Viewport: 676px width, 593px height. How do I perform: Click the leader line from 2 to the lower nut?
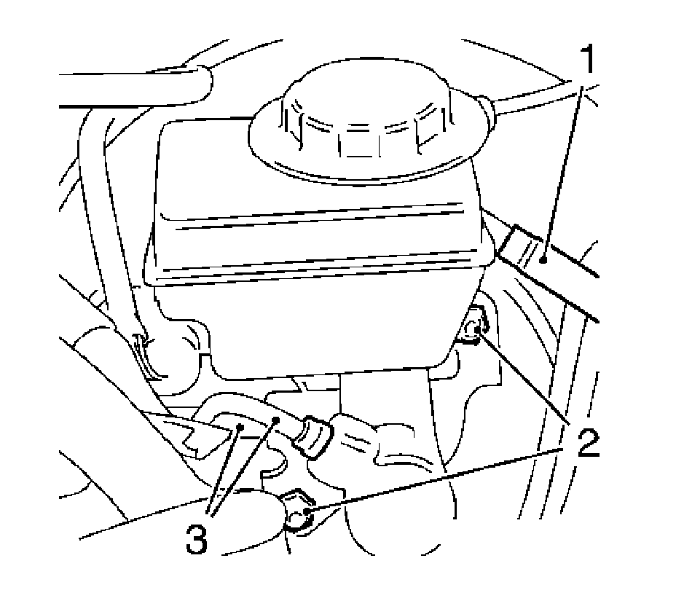click(437, 481)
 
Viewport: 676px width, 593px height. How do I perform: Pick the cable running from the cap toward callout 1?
click(539, 95)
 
